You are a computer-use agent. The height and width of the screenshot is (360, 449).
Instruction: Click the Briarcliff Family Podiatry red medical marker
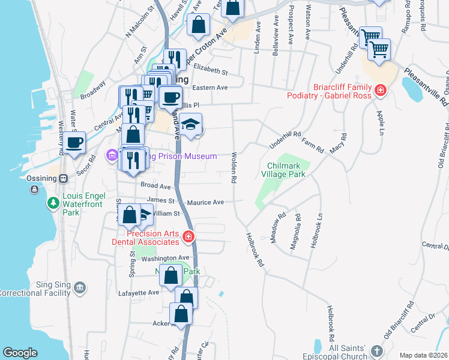(380, 91)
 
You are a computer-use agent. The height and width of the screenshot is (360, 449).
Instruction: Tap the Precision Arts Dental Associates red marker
(188, 237)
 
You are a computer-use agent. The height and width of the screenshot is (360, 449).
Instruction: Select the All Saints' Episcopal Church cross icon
(376, 351)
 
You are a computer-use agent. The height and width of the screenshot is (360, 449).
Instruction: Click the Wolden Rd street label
(233, 167)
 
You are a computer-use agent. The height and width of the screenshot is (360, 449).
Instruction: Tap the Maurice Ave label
(205, 202)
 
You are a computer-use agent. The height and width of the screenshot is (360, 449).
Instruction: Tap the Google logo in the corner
(20, 353)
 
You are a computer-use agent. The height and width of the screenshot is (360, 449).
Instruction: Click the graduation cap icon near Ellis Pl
(191, 125)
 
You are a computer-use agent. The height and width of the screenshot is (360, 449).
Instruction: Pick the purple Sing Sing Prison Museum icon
(112, 156)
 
